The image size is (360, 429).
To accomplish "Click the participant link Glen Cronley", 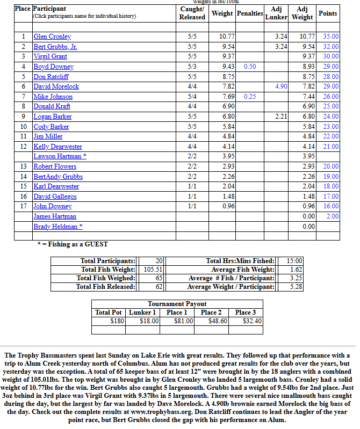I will click(52, 37).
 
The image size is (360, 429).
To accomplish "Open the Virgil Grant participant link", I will click(51, 56).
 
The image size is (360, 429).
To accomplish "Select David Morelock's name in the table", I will click(56, 86).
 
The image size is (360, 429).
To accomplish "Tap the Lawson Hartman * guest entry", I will click(60, 156).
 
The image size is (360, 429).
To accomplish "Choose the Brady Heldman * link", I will click(58, 227).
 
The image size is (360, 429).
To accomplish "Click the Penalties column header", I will click(250, 13).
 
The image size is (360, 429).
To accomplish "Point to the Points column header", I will click(328, 13).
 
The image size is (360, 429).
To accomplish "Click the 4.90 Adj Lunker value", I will click(281, 86).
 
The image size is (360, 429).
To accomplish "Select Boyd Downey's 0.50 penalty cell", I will click(250, 67).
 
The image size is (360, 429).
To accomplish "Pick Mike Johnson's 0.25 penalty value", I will click(250, 97).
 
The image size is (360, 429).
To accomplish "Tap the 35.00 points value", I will click(331, 37).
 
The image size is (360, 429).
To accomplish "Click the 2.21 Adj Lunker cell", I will click(281, 117).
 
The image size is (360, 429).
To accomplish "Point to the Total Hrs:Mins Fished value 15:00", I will click(295, 261).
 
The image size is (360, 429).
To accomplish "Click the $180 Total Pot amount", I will click(117, 321).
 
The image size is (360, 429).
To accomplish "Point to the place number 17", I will click(23, 206).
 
